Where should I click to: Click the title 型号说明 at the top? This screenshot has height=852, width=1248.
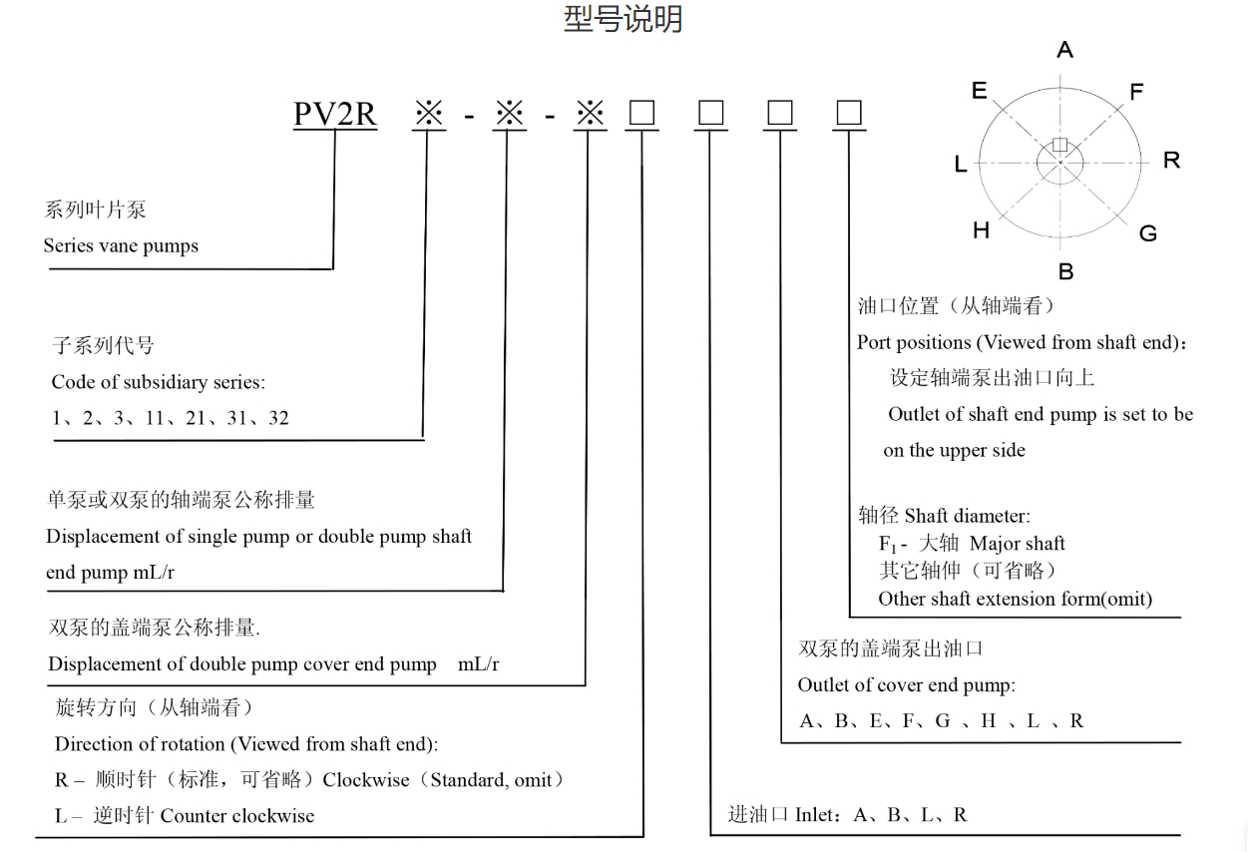(x=623, y=20)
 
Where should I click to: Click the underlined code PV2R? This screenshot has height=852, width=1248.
(x=335, y=115)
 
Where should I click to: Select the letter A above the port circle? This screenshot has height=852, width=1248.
(x=1064, y=50)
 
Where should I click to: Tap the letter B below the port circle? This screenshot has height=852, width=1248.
(x=1065, y=271)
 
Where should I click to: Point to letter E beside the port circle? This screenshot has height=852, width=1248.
(x=979, y=91)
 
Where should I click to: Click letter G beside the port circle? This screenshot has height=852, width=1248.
(x=1148, y=233)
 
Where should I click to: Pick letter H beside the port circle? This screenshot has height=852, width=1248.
(x=981, y=231)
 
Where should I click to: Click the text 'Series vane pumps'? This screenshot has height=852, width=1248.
(x=121, y=245)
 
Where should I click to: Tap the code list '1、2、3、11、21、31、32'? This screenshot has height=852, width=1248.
(x=171, y=418)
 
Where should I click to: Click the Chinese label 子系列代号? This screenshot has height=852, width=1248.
(x=103, y=346)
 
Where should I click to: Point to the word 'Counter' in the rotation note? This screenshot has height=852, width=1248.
(x=194, y=815)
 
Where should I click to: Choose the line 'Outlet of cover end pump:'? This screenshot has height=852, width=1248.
(x=905, y=685)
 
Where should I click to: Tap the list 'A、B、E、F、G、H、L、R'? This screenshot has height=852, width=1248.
(x=941, y=720)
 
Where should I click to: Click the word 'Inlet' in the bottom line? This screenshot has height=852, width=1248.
(x=817, y=814)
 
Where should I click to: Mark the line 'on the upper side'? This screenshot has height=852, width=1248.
(x=954, y=450)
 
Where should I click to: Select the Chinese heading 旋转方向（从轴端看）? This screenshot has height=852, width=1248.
(x=155, y=708)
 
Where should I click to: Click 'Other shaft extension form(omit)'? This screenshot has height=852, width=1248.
(x=1015, y=599)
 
